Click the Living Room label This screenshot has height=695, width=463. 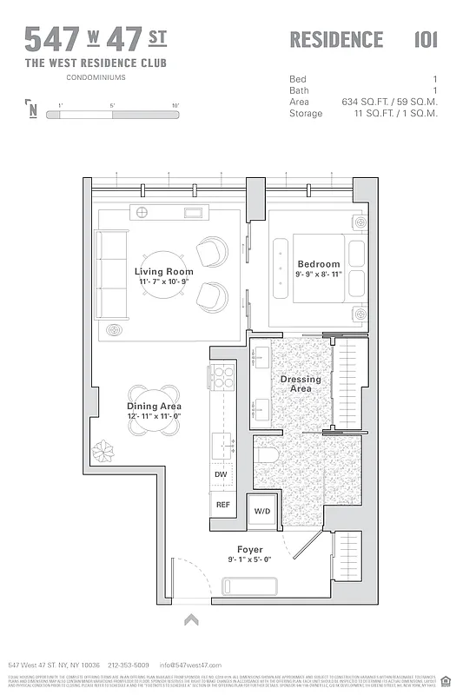(x=163, y=272)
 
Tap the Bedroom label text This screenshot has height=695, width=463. (x=319, y=264)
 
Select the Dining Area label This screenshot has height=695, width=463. (x=154, y=407)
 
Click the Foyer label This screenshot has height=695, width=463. (x=250, y=550)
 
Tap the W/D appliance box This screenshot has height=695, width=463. (x=261, y=512)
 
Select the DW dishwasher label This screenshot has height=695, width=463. (x=222, y=474)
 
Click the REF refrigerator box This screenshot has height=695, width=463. (x=222, y=505)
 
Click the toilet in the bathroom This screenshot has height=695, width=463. (x=267, y=455)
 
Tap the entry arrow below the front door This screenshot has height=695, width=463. (x=191, y=619)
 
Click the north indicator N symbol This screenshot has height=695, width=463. (x=32, y=109)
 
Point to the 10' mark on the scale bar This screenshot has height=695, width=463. (x=175, y=106)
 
